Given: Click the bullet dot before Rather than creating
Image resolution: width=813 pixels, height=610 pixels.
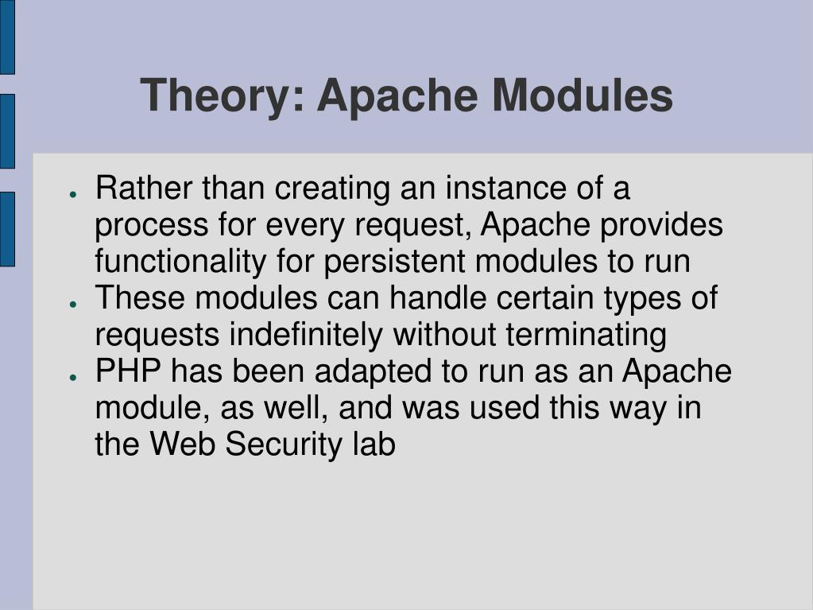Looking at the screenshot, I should tap(72, 194).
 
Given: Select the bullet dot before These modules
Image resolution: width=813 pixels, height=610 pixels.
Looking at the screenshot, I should tap(72, 304).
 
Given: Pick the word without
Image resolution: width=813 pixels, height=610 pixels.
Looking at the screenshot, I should tap(445, 336).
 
